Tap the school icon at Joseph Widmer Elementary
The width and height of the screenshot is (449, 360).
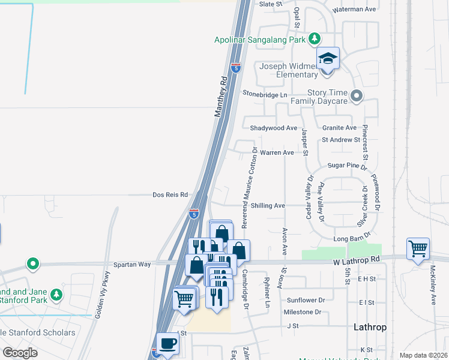pos(328,59)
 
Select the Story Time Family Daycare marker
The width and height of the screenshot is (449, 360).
pos(357,96)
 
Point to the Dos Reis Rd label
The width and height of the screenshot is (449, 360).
pos(170,195)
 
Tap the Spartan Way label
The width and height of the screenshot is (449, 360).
pos(133,264)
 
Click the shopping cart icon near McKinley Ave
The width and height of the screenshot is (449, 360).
pos(418,248)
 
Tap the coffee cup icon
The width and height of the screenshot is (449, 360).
pos(168,343)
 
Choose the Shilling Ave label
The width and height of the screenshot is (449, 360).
pos(268,205)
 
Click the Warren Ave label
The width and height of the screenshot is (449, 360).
pos(277,153)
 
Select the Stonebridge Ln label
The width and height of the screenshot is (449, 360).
pos(265,94)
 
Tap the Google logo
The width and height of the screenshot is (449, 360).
pos(20,352)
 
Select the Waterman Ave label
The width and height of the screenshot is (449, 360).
pos(355,10)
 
